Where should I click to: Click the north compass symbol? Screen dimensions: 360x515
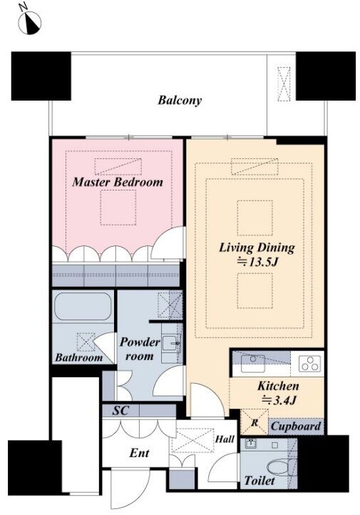pyautogui.click(x=29, y=21)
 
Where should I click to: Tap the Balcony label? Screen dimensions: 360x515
pyautogui.click(x=180, y=101)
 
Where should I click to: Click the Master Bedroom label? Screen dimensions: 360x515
pyautogui.click(x=118, y=182)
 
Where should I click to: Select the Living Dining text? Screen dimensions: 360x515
pyautogui.click(x=257, y=248)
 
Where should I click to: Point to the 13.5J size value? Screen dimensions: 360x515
pyautogui.click(x=257, y=262)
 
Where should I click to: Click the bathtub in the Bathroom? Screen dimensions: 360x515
pyautogui.click(x=83, y=307)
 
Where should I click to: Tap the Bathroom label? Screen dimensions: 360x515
pyautogui.click(x=78, y=357)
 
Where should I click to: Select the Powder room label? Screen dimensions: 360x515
pyautogui.click(x=140, y=349)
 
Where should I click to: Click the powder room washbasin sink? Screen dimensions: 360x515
pyautogui.click(x=170, y=344)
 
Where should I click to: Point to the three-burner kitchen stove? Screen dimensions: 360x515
pyautogui.click(x=310, y=364)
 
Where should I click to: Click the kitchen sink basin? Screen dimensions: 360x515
pyautogui.click(x=252, y=364)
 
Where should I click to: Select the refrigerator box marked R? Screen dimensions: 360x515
pyautogui.click(x=254, y=422)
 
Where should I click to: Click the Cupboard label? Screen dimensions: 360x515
pyautogui.click(x=295, y=427)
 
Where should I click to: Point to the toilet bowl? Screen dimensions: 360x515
pyautogui.click(x=277, y=466)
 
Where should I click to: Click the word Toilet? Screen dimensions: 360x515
pyautogui.click(x=259, y=481)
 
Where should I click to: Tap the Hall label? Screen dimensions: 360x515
pyautogui.click(x=225, y=439)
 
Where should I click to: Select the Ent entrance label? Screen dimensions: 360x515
pyautogui.click(x=139, y=453)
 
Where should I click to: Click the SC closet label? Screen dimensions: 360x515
pyautogui.click(x=120, y=410)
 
